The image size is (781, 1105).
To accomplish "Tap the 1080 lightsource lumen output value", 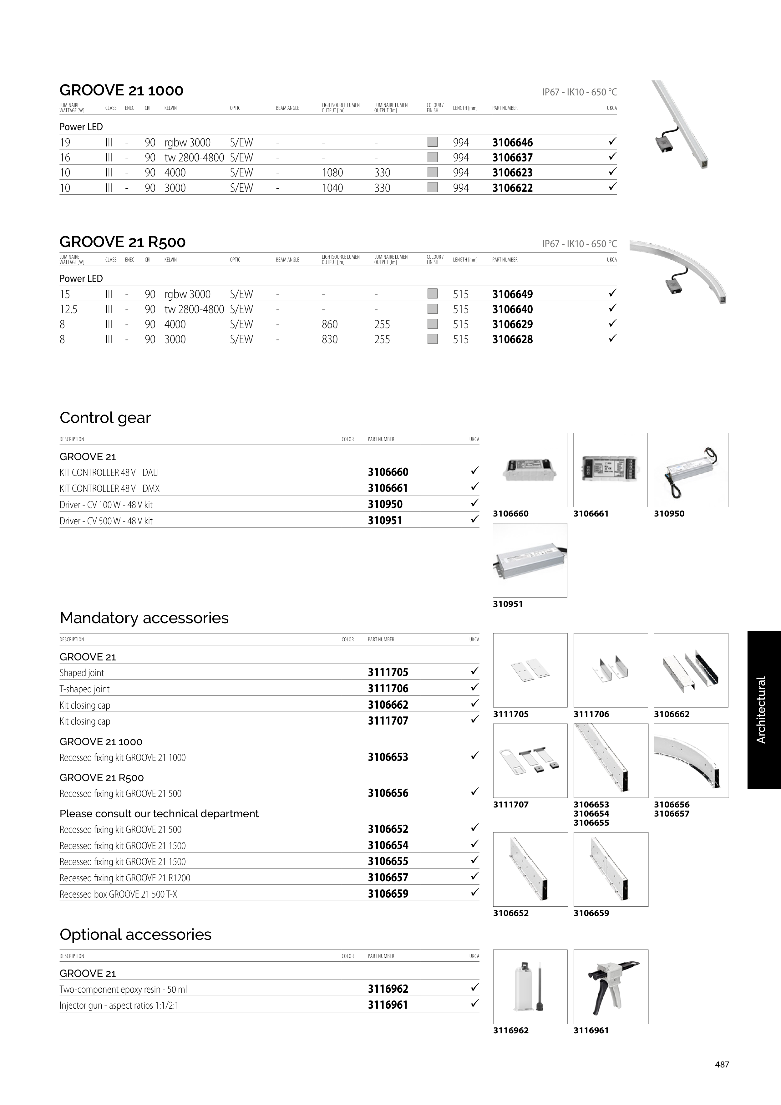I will click(332, 173).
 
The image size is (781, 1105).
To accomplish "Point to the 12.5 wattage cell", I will click(68, 309).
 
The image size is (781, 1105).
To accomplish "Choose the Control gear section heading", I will click(105, 418).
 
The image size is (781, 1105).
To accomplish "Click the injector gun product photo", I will click(611, 987).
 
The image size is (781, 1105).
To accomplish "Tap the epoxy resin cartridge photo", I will click(530, 987).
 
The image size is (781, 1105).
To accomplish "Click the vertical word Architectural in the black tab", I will click(761, 710).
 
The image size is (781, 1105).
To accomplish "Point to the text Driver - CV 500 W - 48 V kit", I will click(106, 521).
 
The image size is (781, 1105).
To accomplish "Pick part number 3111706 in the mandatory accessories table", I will click(388, 689).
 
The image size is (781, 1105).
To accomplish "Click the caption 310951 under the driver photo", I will click(508, 604).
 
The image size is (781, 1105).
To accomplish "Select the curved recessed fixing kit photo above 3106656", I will click(691, 761).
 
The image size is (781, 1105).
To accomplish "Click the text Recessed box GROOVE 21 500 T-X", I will click(118, 894).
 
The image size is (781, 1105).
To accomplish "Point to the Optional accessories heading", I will click(135, 934).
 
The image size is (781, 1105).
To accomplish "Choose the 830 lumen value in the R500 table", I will click(330, 339).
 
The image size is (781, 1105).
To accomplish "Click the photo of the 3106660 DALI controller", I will click(530, 470).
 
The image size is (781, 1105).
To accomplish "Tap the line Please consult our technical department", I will click(159, 814).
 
